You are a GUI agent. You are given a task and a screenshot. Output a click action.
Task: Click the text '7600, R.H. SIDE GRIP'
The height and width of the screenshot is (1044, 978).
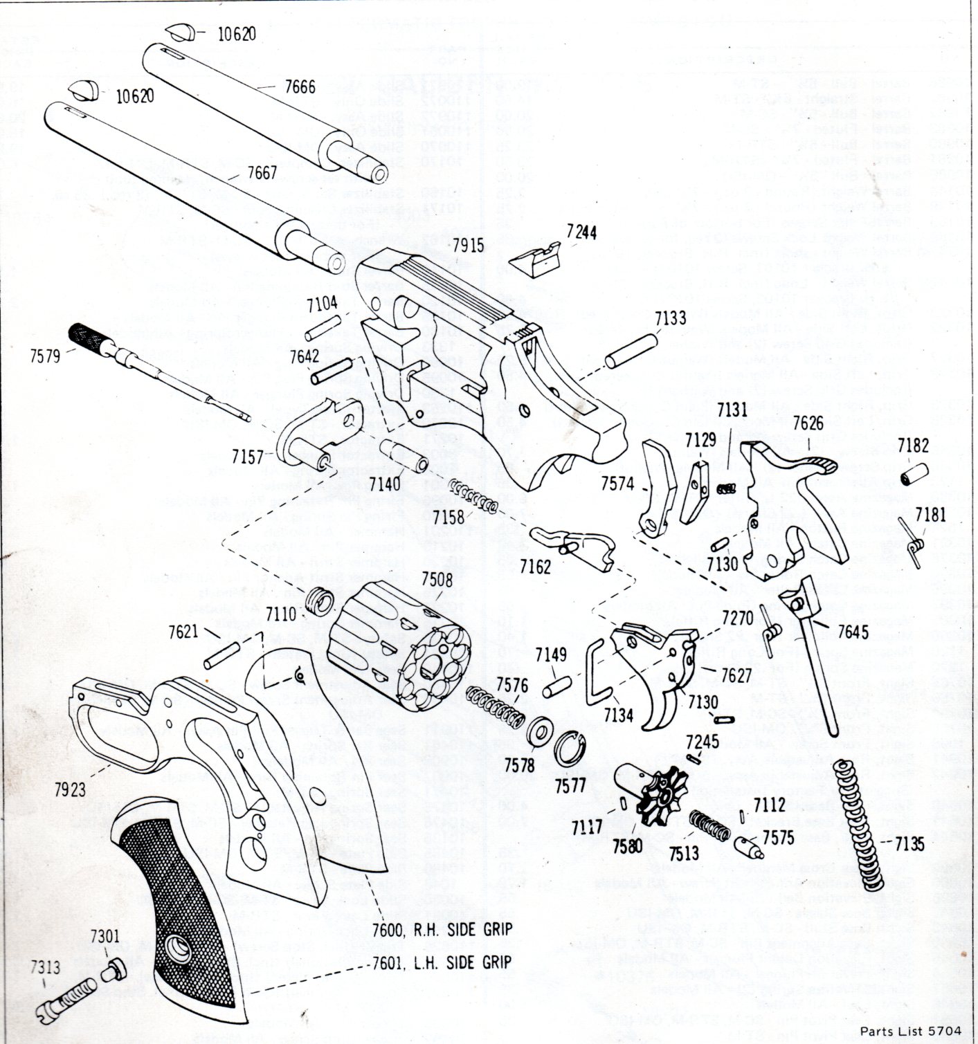[x=442, y=929]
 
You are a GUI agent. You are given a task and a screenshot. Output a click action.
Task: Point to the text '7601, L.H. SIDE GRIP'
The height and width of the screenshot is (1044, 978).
[x=442, y=962]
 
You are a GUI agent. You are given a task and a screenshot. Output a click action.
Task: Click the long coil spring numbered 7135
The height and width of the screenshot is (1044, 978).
[x=860, y=823]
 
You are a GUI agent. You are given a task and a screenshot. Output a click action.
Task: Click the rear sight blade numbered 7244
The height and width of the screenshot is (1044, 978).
[x=534, y=262]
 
